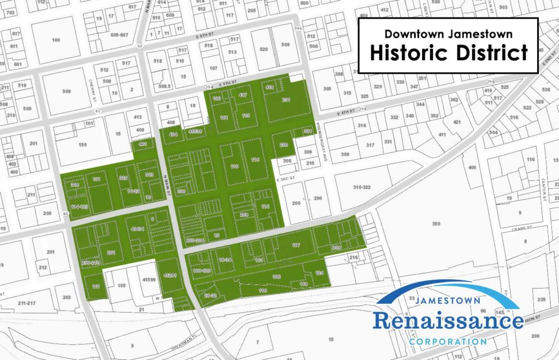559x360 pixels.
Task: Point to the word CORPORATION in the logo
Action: coord(448,341)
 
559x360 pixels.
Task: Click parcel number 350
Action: coord(435,224)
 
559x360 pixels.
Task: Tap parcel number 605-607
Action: coord(118,34)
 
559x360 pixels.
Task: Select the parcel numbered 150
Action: coord(82,145)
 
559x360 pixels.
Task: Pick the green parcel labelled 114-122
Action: coord(80,207)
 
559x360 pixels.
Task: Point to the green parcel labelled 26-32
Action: coord(210,296)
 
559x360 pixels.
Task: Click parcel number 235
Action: coord(541,299)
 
